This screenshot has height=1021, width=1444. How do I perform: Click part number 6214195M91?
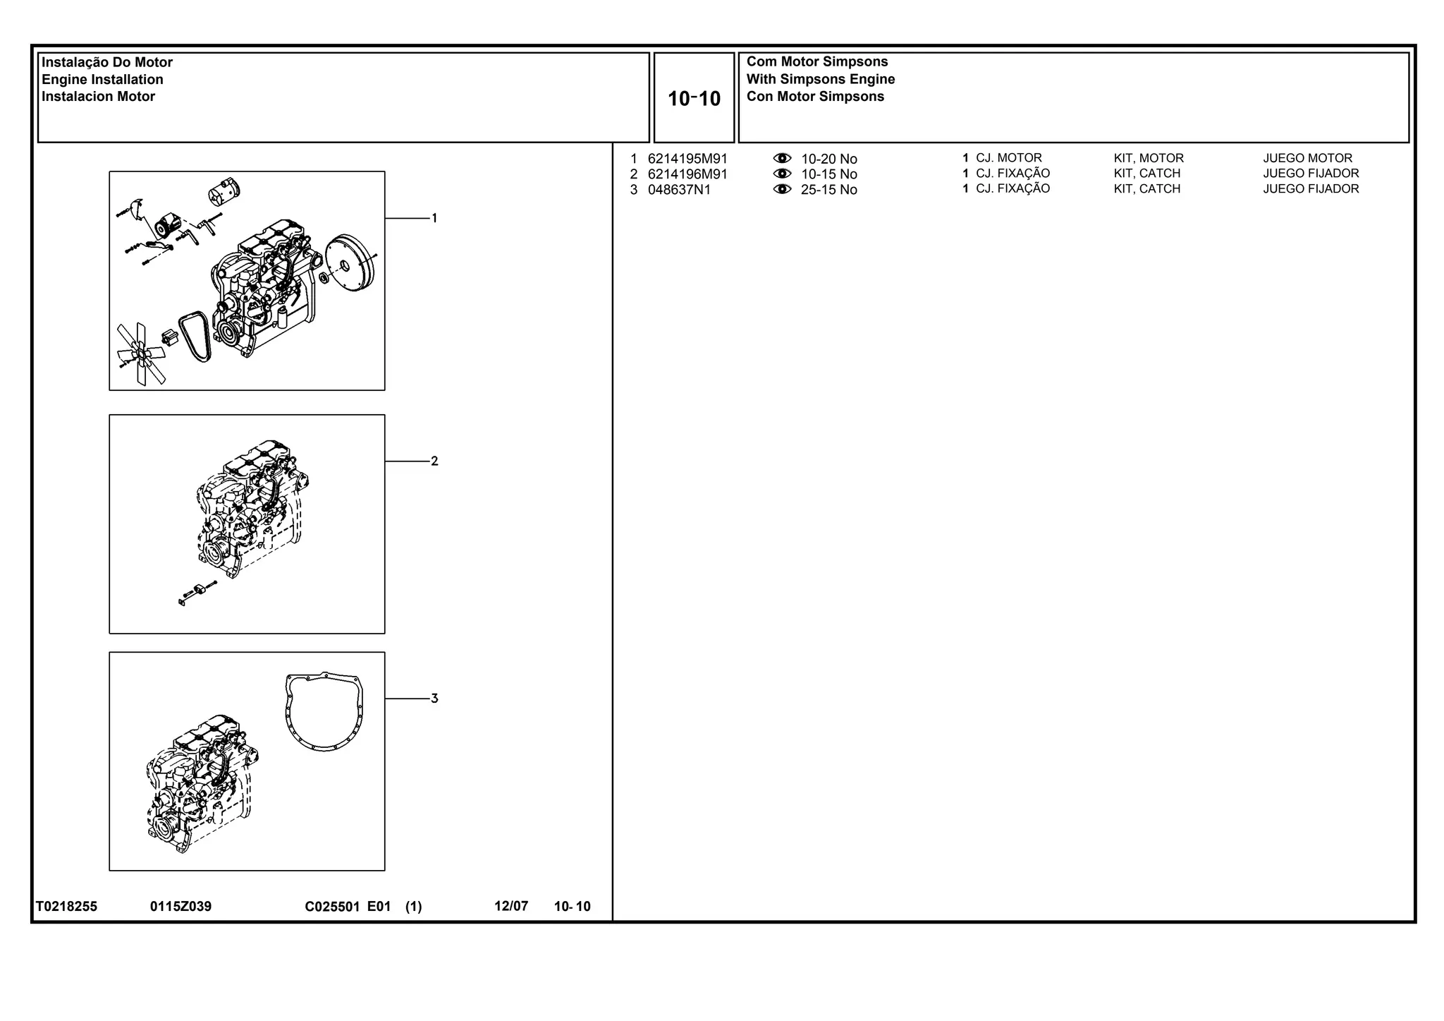687,159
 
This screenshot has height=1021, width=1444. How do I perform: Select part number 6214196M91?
687,174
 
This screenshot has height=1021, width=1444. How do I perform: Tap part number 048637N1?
680,190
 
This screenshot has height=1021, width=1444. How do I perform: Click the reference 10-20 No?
829,159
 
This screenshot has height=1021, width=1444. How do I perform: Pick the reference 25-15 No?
829,190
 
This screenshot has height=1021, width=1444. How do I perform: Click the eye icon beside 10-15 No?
782,174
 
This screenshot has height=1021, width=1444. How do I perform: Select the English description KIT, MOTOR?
1149,158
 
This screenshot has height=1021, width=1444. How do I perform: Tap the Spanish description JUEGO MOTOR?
1308,158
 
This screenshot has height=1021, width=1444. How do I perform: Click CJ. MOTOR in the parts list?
1009,158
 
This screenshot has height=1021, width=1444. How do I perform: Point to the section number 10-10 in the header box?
695,99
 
